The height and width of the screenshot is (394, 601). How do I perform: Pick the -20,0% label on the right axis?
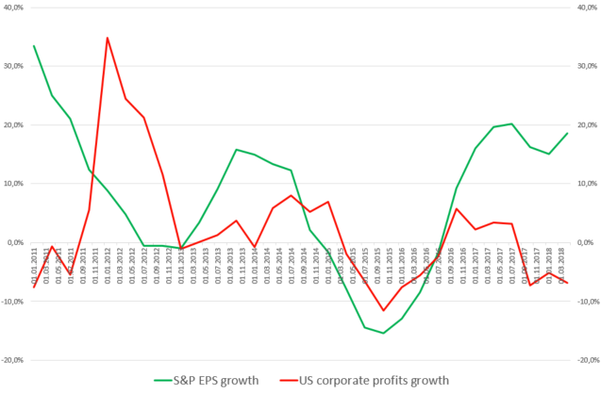586,360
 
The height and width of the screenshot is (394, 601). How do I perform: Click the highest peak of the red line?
108,38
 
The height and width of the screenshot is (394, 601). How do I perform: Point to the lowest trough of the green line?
383,333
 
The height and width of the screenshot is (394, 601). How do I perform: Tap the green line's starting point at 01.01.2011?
34,45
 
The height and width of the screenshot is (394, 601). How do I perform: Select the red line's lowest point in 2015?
383,310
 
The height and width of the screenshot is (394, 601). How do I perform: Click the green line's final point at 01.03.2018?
567,133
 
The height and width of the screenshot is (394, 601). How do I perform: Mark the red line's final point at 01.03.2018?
567,283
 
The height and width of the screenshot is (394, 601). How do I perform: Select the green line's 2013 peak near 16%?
236,149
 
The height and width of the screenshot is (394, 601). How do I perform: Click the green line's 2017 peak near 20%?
511,123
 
